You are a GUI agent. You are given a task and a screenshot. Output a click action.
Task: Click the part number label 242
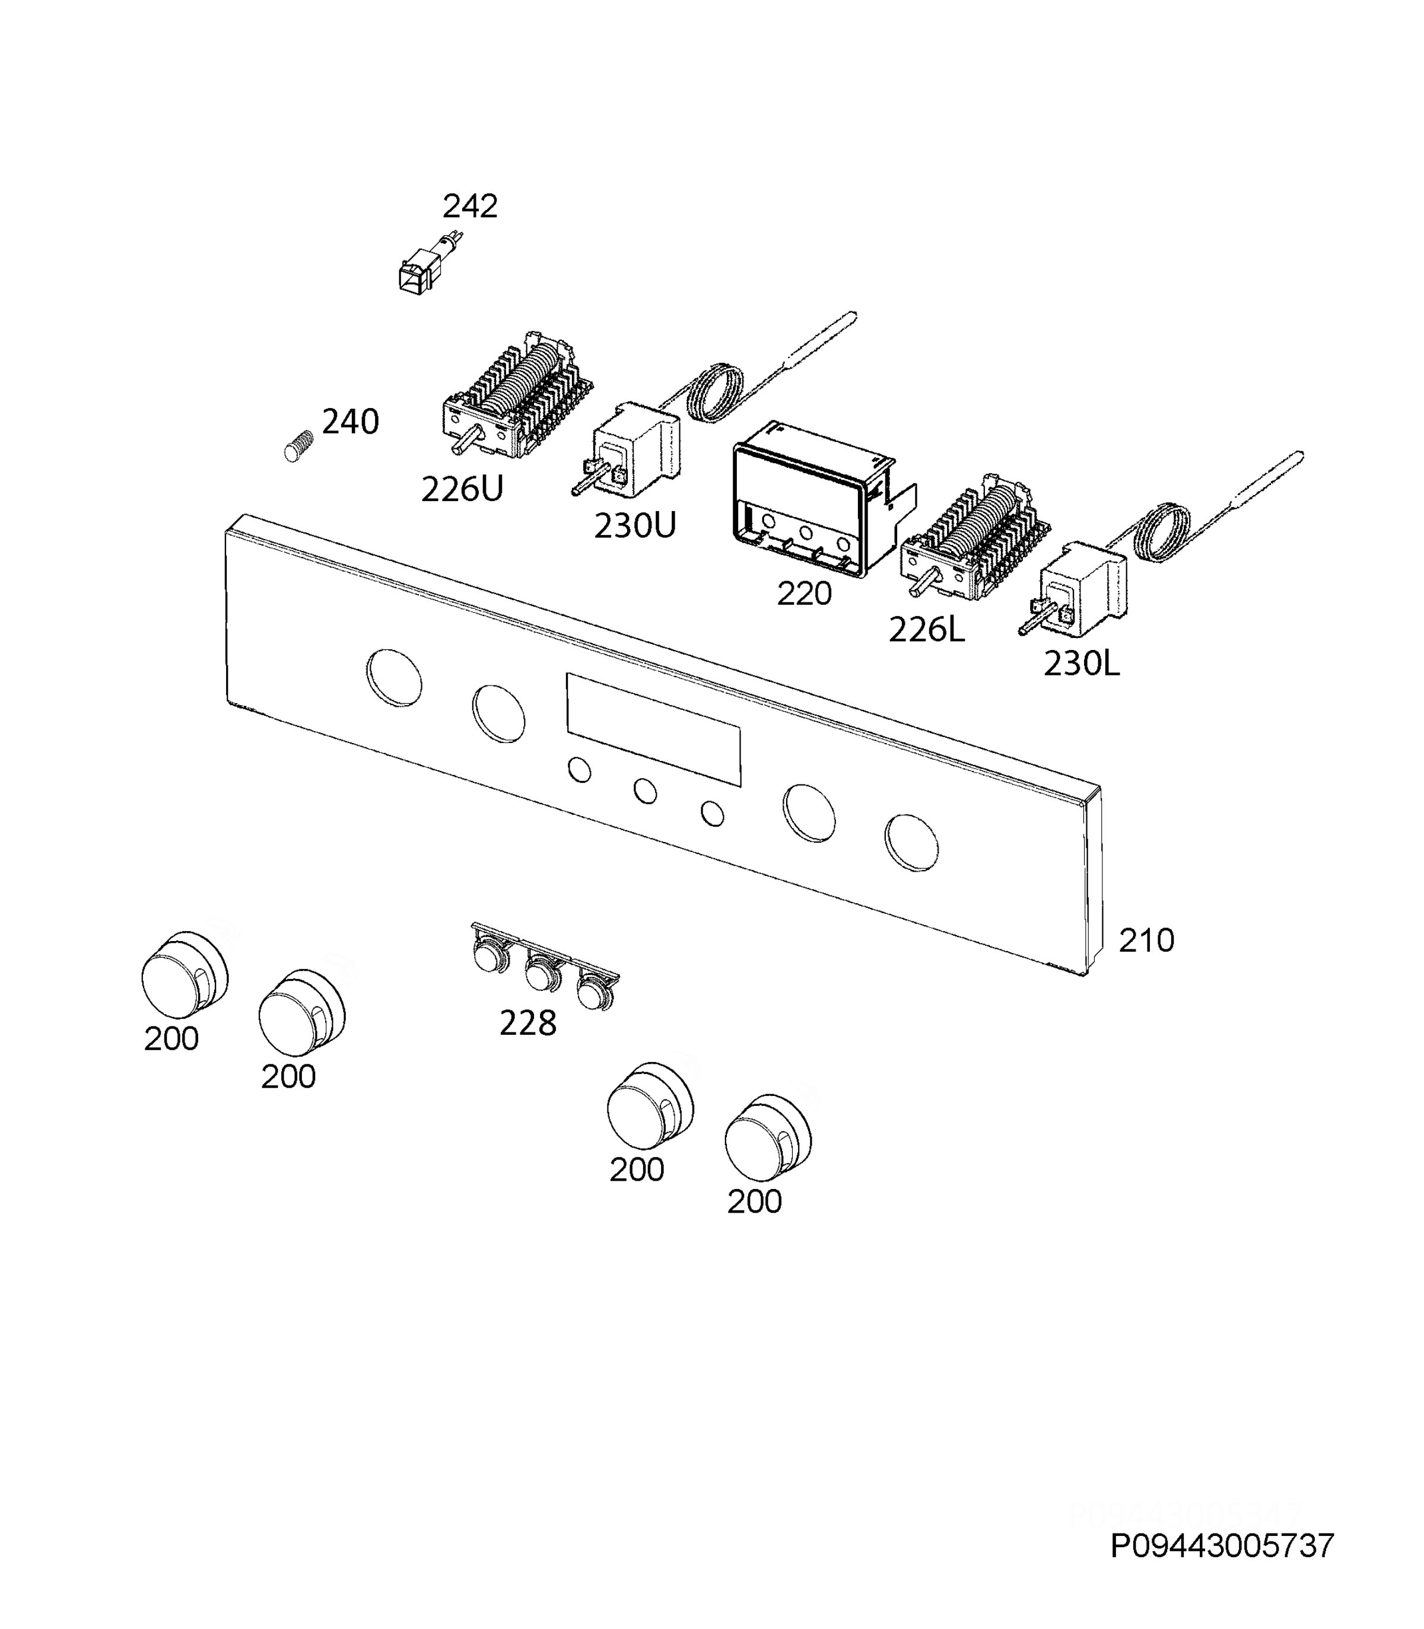tap(470, 206)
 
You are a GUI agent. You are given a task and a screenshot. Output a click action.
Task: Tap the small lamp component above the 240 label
tap(430, 262)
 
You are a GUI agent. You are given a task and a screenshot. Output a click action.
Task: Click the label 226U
tap(462, 489)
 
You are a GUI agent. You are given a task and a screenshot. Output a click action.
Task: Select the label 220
tap(804, 593)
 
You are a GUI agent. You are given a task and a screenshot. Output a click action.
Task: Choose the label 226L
tap(927, 630)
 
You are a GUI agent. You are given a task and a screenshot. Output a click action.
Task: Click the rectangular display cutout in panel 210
tap(653, 730)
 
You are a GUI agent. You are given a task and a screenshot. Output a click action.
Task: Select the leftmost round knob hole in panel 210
tap(395, 677)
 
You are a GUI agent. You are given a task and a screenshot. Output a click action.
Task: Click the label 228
tap(527, 1024)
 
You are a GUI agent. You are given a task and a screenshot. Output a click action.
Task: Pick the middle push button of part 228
tap(542, 974)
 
